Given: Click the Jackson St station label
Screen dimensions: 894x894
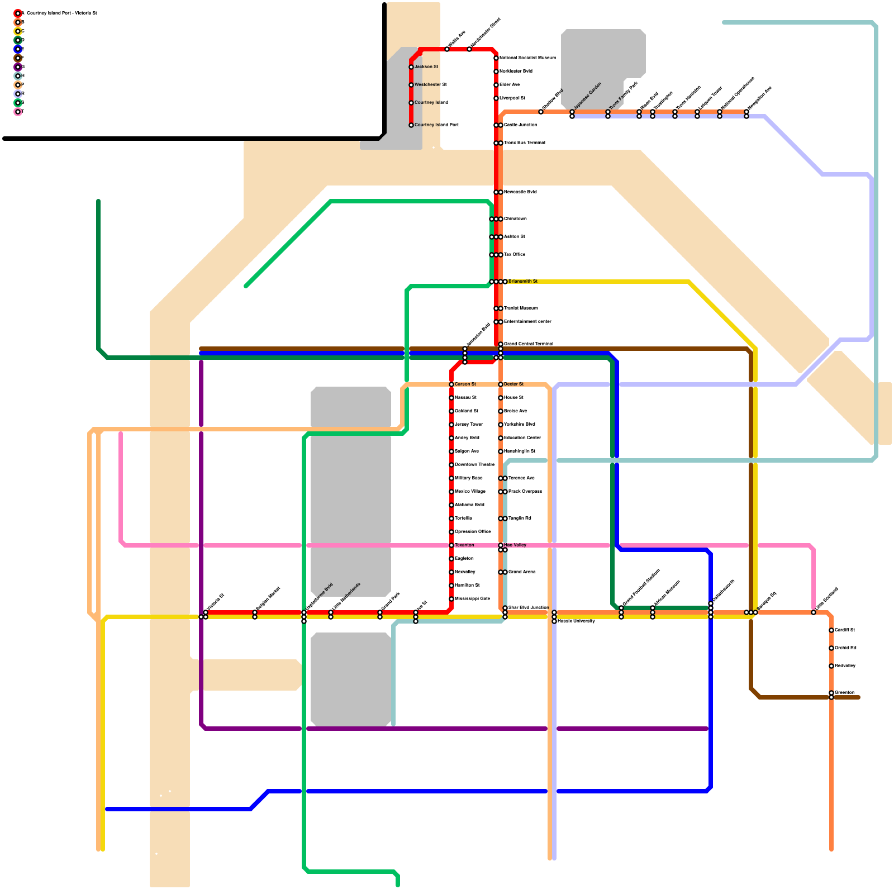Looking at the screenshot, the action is pos(426,67).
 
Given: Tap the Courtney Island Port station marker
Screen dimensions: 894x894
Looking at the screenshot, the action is pos(411,125).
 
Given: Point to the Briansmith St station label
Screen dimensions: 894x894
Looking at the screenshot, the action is pos(522,282).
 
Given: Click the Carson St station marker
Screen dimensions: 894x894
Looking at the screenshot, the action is pos(451,384).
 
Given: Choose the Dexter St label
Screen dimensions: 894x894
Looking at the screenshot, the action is pos(513,384).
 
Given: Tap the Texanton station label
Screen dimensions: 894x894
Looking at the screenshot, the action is pos(464,545).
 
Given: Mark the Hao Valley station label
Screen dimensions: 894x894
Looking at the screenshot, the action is pos(515,545).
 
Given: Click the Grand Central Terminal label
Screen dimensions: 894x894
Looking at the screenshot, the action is pos(528,344).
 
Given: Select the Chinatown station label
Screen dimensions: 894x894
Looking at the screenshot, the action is pos(515,219).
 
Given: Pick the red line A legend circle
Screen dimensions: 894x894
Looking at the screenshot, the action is pos(18,13).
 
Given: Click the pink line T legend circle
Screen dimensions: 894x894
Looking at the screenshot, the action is pos(18,112).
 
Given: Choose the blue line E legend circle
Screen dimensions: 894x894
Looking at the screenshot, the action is pos(18,49).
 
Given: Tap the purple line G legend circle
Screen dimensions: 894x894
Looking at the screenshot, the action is pos(18,67).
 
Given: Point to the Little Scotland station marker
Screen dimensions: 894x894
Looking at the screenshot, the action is pos(814,613).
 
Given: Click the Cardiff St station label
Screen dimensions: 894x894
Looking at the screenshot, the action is pos(845,630).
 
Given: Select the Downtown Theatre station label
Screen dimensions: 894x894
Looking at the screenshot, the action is pos(474,465).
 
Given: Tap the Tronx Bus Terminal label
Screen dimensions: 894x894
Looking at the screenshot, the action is pos(524,143).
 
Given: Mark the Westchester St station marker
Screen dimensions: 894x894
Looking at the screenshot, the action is pos(411,85).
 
